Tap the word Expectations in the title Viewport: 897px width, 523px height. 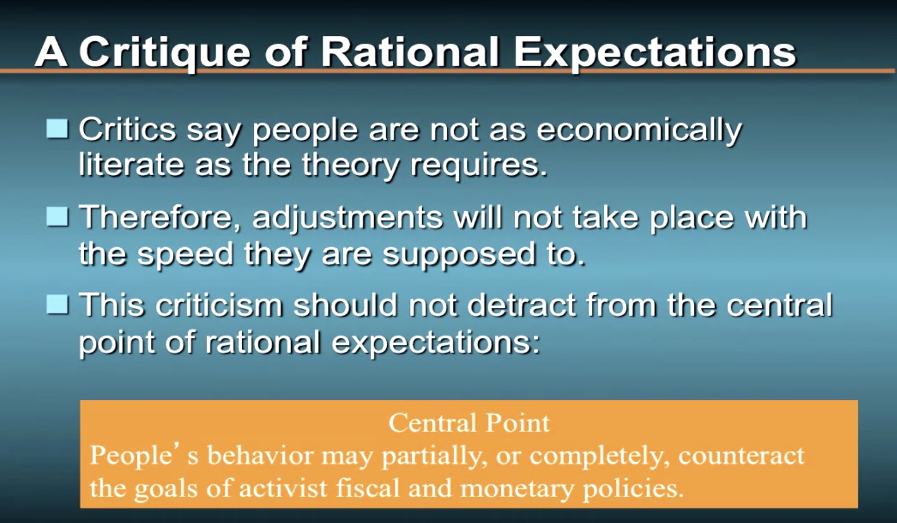[655, 53]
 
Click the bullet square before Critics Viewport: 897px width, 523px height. [57, 129]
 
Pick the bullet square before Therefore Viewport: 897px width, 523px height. [57, 217]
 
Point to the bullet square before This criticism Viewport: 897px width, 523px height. [57, 304]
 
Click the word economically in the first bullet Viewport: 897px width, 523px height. [639, 130]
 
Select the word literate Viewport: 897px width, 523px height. [132, 164]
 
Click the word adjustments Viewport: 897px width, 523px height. [348, 219]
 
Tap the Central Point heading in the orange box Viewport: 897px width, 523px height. [469, 422]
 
